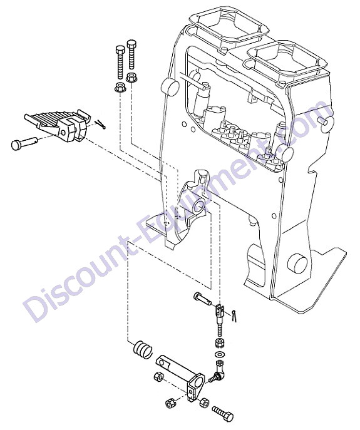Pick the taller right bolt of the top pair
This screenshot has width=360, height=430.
click(x=132, y=55)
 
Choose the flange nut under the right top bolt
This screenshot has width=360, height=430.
click(x=132, y=78)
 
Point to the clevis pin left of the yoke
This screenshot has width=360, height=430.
click(x=202, y=299)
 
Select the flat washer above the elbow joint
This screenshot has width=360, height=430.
click(x=219, y=354)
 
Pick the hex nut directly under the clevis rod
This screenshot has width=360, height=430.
click(x=220, y=343)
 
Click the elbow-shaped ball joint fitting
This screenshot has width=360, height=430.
click(x=218, y=372)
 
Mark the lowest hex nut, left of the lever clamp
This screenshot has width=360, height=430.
click(x=170, y=404)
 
